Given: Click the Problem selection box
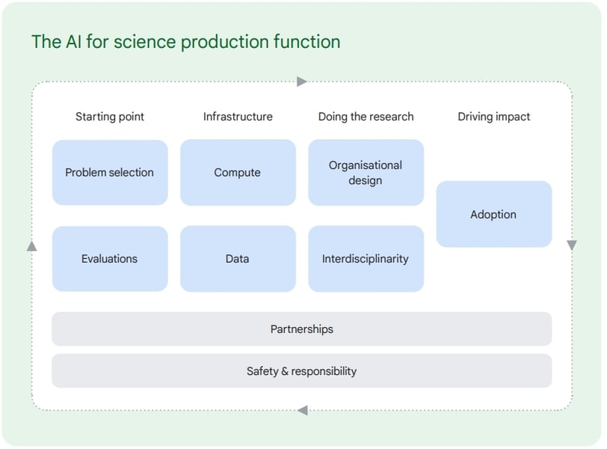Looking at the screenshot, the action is click(x=110, y=172).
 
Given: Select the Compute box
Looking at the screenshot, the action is click(x=238, y=172).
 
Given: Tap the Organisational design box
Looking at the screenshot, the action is click(x=366, y=172).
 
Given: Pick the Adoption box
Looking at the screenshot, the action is click(x=494, y=214).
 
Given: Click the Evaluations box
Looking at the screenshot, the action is click(x=110, y=259).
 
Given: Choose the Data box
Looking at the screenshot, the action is click(x=238, y=259).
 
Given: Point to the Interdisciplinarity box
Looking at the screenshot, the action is click(x=366, y=259).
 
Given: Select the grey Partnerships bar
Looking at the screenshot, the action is click(x=302, y=329).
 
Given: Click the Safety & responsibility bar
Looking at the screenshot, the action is click(x=302, y=370).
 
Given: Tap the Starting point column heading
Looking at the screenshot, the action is click(x=110, y=117).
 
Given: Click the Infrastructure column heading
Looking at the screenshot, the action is click(x=238, y=117).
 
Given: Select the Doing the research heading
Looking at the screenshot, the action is click(x=366, y=117).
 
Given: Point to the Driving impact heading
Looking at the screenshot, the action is click(x=494, y=117).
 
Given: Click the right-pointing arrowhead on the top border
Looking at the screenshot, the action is click(x=302, y=82).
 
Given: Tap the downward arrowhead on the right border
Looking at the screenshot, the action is click(x=572, y=245).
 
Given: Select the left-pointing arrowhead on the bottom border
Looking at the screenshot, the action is click(x=303, y=410).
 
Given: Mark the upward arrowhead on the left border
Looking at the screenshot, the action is click(x=31, y=245).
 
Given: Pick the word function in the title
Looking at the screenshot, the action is click(x=306, y=41).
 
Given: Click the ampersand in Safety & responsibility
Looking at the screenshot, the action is click(x=285, y=371).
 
